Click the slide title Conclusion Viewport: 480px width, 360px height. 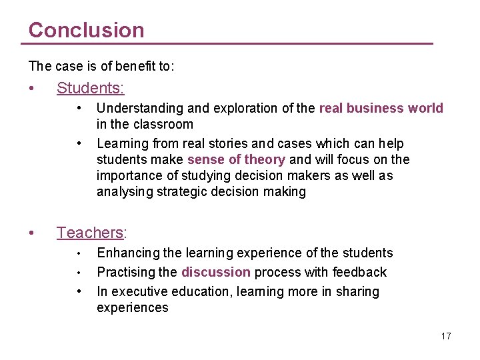pos(86,30)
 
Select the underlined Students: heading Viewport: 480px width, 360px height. pos(91,88)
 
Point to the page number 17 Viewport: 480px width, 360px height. pos(445,336)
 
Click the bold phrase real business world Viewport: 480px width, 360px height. pos(381,108)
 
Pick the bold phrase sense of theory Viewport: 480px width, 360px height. pos(237,159)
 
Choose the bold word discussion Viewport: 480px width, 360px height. pos(216,272)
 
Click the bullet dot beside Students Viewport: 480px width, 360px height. pos(32,88)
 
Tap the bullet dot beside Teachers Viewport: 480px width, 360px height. pos(32,233)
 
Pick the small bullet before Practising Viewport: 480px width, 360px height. pos(79,272)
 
